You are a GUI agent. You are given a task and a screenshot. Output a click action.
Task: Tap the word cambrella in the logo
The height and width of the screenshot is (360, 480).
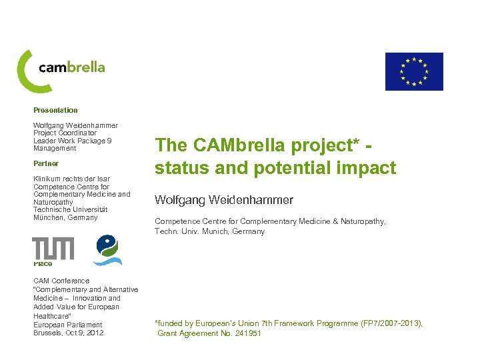click(x=71, y=67)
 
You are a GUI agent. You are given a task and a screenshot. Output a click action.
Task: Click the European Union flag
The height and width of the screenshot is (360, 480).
click(x=413, y=71)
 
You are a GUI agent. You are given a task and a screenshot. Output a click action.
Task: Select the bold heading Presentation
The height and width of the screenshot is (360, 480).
click(x=55, y=110)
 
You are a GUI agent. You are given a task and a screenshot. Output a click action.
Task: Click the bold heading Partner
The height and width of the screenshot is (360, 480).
click(x=46, y=163)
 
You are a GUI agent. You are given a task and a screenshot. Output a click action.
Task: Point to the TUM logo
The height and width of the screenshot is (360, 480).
click(x=53, y=248)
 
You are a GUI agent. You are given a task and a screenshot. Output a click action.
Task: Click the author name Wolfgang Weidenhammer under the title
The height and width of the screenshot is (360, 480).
click(x=224, y=200)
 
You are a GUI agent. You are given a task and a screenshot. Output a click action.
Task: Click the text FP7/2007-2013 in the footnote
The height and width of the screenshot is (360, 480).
click(x=388, y=323)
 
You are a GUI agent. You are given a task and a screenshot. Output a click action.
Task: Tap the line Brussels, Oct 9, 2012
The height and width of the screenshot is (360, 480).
click(x=69, y=333)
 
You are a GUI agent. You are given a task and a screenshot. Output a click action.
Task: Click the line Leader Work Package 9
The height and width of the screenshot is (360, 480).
click(x=72, y=141)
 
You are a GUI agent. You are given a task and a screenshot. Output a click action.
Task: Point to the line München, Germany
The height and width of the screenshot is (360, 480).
click(x=65, y=217)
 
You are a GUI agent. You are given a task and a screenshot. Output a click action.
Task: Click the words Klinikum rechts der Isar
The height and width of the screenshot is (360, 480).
click(x=71, y=179)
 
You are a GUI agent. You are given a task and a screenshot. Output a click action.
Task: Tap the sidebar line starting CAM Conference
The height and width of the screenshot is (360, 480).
click(x=61, y=281)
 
